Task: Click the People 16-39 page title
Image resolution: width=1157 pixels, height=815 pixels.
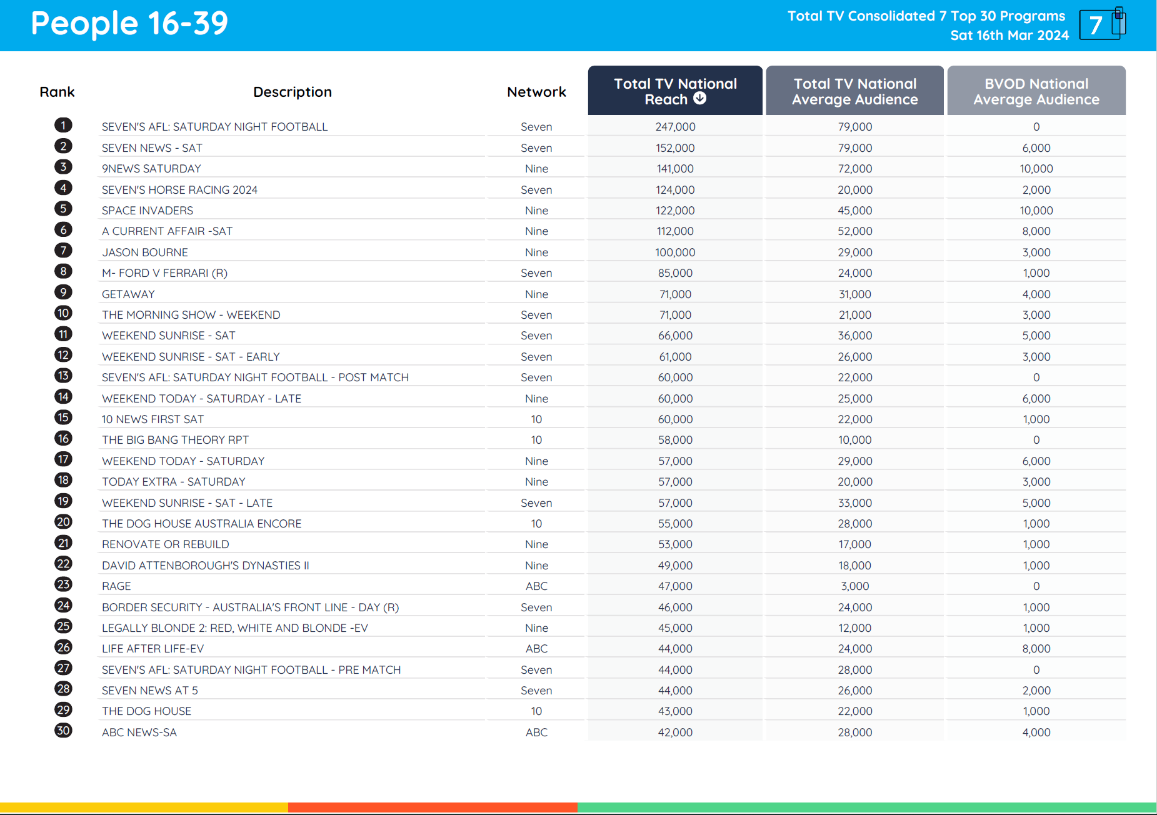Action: coord(129,24)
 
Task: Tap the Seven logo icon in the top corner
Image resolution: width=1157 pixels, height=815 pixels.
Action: coord(1102,24)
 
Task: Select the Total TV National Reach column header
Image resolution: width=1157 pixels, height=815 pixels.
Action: coord(674,91)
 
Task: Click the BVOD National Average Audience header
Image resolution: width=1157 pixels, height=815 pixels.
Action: coord(1036,91)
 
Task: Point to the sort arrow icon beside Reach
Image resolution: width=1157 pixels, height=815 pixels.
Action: coord(700,99)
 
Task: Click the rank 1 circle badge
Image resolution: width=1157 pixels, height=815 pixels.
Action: coord(63,126)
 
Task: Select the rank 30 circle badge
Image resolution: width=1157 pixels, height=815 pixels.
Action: coord(63,731)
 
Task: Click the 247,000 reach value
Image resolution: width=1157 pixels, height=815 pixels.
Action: coord(675,127)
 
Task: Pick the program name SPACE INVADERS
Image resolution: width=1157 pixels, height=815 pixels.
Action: coord(148,211)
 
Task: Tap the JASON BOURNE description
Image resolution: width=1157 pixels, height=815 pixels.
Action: coord(145,252)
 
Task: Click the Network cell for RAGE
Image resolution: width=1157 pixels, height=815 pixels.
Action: coord(536,586)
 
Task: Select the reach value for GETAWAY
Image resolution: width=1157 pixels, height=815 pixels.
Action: coord(675,294)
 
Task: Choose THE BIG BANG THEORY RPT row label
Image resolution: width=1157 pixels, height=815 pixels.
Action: coord(175,440)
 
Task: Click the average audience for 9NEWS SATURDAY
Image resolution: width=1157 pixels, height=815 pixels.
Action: coord(854,169)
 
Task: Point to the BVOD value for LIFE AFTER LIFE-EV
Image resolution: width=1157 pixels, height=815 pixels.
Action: coord(1036,649)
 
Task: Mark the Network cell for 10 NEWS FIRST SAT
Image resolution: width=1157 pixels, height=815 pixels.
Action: coord(536,419)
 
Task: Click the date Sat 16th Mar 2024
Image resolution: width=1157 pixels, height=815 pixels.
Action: coord(1009,36)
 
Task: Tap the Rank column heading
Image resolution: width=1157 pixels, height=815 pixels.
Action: coord(57,92)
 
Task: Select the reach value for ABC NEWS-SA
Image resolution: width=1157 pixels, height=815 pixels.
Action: coord(675,732)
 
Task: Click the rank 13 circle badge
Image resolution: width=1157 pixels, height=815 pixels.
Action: coord(63,376)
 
